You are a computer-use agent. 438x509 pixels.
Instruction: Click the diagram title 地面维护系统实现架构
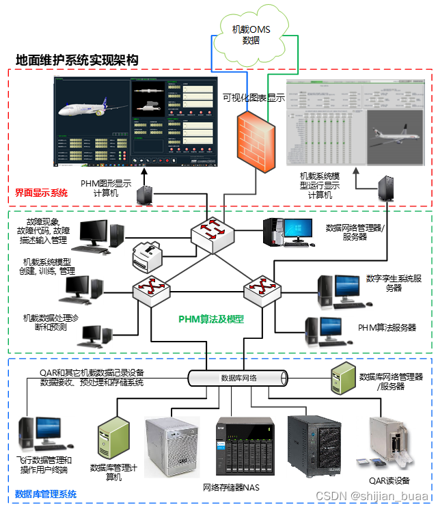pos(77,60)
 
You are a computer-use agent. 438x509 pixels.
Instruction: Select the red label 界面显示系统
pos(41,193)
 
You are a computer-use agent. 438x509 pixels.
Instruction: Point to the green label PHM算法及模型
pos(211,318)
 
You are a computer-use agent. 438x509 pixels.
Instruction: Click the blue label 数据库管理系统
pos(46,494)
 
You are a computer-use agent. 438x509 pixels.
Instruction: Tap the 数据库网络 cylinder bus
pos(238,377)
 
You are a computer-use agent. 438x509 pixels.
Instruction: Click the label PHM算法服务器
pos(387,328)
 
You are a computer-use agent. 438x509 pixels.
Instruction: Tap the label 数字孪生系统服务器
pos(393,283)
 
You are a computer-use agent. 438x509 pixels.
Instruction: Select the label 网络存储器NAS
pos(231,487)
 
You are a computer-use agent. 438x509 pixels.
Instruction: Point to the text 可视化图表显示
pos(254,98)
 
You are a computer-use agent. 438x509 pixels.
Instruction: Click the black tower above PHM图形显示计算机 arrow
pos(145,196)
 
